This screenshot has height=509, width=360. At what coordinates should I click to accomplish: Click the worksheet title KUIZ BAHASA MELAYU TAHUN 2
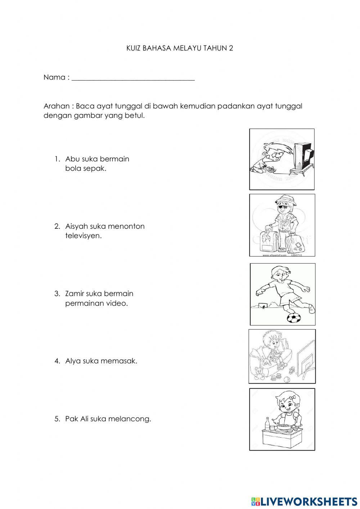[x=180, y=48]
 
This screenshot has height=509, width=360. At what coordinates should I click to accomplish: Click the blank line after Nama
[x=133, y=78]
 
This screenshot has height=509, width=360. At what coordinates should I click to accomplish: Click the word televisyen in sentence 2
[x=83, y=236]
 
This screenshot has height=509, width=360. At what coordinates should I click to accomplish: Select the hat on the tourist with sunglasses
[x=284, y=200]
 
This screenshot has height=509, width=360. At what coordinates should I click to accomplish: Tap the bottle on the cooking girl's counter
[x=267, y=424]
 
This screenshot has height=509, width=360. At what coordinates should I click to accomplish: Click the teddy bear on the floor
[x=258, y=374]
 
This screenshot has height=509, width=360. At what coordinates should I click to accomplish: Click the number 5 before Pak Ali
[x=57, y=419]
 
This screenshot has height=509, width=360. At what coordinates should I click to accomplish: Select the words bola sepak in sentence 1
[x=86, y=169]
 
